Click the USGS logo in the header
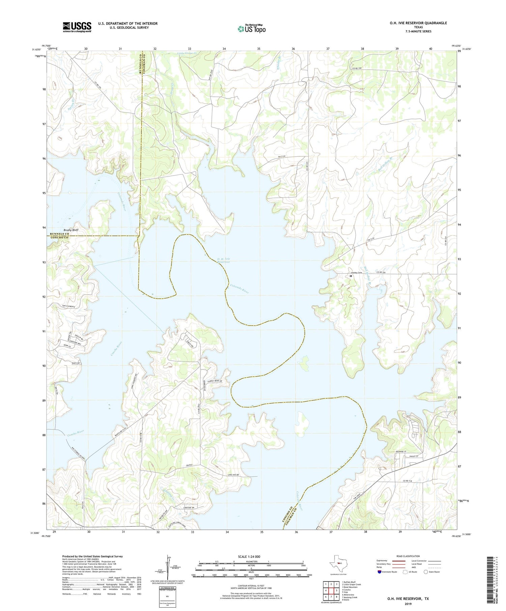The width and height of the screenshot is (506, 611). point(77,27)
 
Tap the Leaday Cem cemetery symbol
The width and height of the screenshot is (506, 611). point(351,276)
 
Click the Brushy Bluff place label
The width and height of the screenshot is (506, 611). point(71,230)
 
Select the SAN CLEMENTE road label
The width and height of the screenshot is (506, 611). point(68,306)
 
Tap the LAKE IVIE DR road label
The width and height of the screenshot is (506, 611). point(233,475)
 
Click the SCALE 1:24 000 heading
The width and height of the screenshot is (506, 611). point(245,556)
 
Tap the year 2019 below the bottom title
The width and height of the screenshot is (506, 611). point(407,604)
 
